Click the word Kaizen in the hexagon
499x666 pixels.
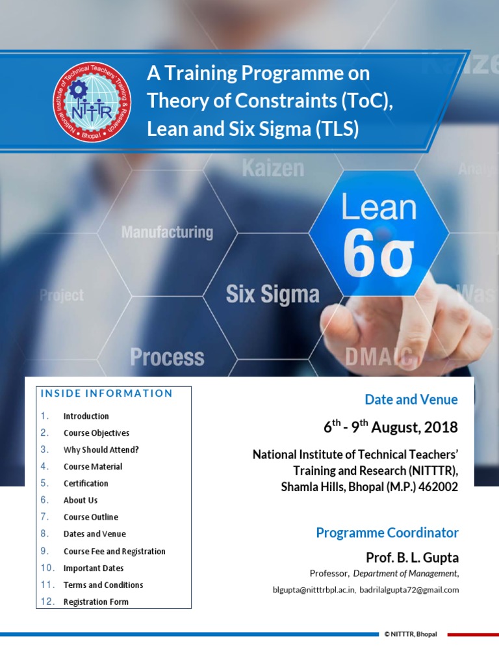click(273, 168)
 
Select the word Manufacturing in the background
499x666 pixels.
click(167, 232)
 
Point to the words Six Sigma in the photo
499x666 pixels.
click(272, 295)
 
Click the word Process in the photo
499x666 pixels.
click(167, 357)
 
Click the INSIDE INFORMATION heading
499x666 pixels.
click(107, 393)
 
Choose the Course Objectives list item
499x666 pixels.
click(96, 433)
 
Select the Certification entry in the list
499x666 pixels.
click(86, 484)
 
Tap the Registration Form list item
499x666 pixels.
click(96, 602)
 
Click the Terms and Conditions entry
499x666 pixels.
click(103, 585)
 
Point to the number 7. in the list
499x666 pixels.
click(44, 517)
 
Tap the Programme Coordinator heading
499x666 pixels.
click(387, 533)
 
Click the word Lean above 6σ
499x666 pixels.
click(379, 207)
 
